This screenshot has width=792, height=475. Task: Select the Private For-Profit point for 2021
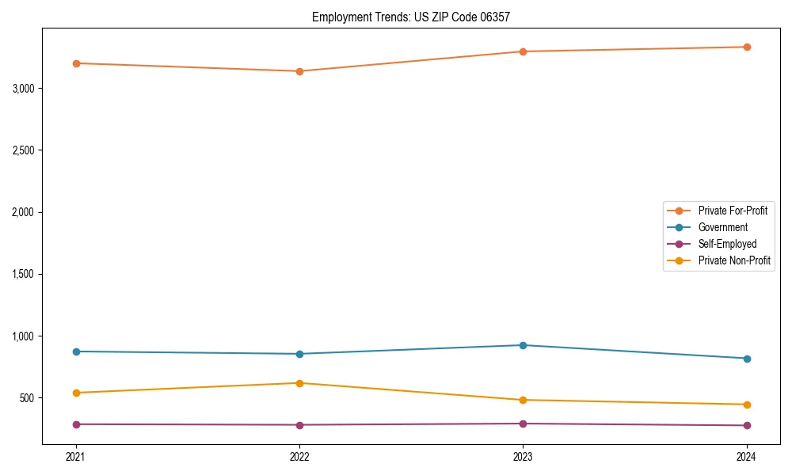tap(76, 63)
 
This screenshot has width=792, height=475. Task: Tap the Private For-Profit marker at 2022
tap(299, 71)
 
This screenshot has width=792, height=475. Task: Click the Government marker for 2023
tap(524, 345)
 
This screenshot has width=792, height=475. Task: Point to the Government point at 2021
tap(76, 351)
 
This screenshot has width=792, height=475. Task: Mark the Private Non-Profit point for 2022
tap(299, 383)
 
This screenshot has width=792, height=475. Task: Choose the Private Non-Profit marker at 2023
tap(524, 400)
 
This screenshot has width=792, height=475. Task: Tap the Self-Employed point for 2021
tap(76, 424)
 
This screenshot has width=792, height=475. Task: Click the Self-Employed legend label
tap(727, 244)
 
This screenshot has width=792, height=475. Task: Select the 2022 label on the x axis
tap(299, 456)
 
